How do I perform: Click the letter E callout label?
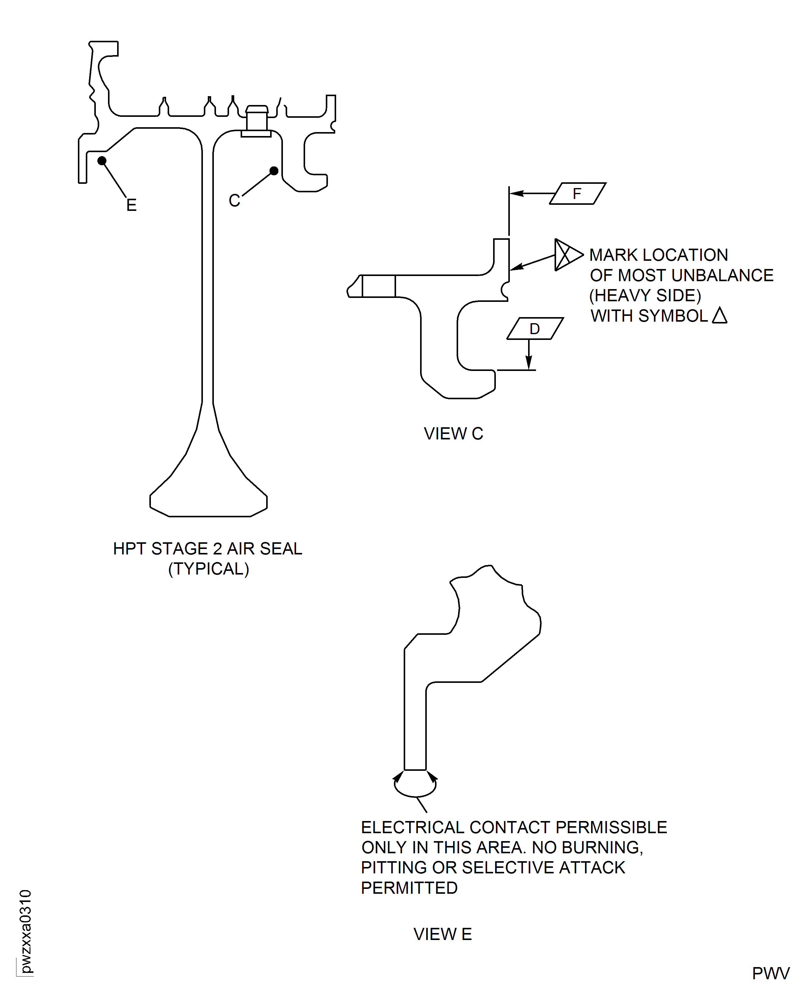click(x=131, y=205)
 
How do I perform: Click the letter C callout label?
click(x=234, y=201)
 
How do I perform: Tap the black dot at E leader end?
click(x=102, y=161)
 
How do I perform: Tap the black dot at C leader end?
click(x=274, y=171)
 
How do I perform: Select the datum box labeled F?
click(x=577, y=194)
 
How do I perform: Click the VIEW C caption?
click(x=453, y=434)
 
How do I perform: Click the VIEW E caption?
click(x=442, y=935)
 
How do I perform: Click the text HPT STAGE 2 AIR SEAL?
click(x=207, y=548)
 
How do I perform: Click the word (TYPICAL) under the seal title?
click(x=208, y=569)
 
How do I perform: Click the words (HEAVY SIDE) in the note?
click(x=645, y=295)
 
